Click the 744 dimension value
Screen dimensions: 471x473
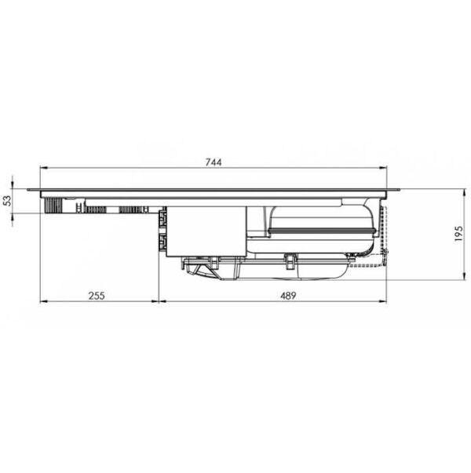214,162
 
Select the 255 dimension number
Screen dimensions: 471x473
97,296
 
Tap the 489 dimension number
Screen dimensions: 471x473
288,296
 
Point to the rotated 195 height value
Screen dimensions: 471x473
458,234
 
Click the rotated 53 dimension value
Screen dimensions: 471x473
7,201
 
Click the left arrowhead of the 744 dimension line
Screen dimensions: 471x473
44,167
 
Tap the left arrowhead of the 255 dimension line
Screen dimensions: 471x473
44,301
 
